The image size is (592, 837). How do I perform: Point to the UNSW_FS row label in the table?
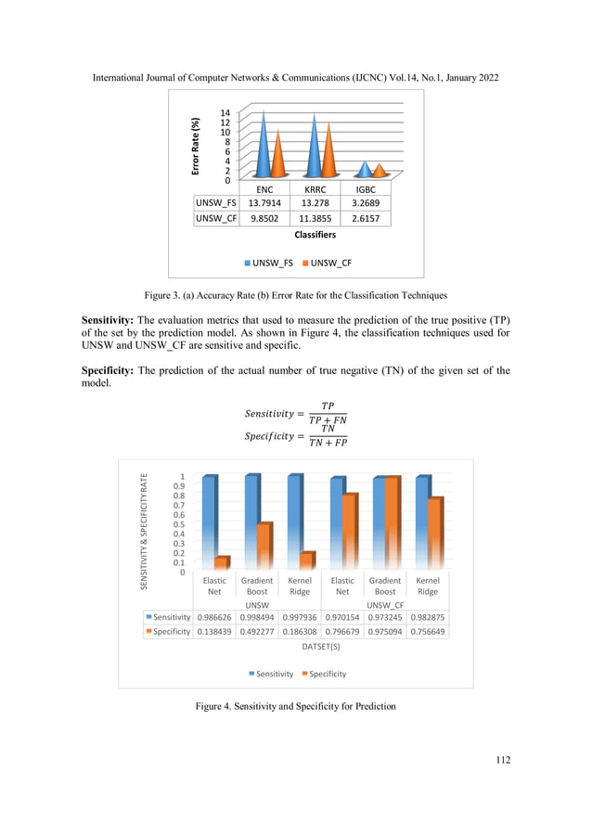coord(212,202)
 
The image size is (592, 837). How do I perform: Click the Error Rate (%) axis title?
coord(196,147)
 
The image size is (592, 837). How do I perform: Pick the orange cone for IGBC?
coord(378,170)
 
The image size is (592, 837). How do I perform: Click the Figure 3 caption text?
coord(296,295)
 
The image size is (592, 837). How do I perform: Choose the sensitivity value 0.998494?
coord(257,616)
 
